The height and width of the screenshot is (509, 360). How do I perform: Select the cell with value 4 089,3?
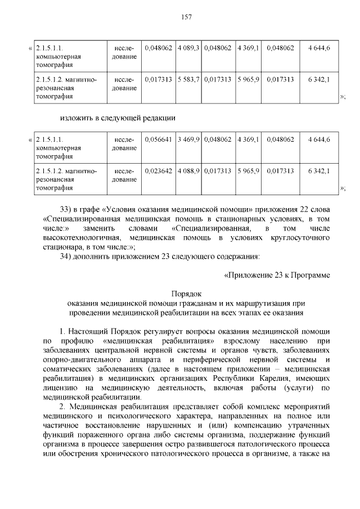tap(188, 48)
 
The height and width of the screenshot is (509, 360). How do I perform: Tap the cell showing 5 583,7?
tap(188, 79)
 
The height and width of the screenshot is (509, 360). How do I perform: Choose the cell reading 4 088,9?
tap(188, 170)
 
